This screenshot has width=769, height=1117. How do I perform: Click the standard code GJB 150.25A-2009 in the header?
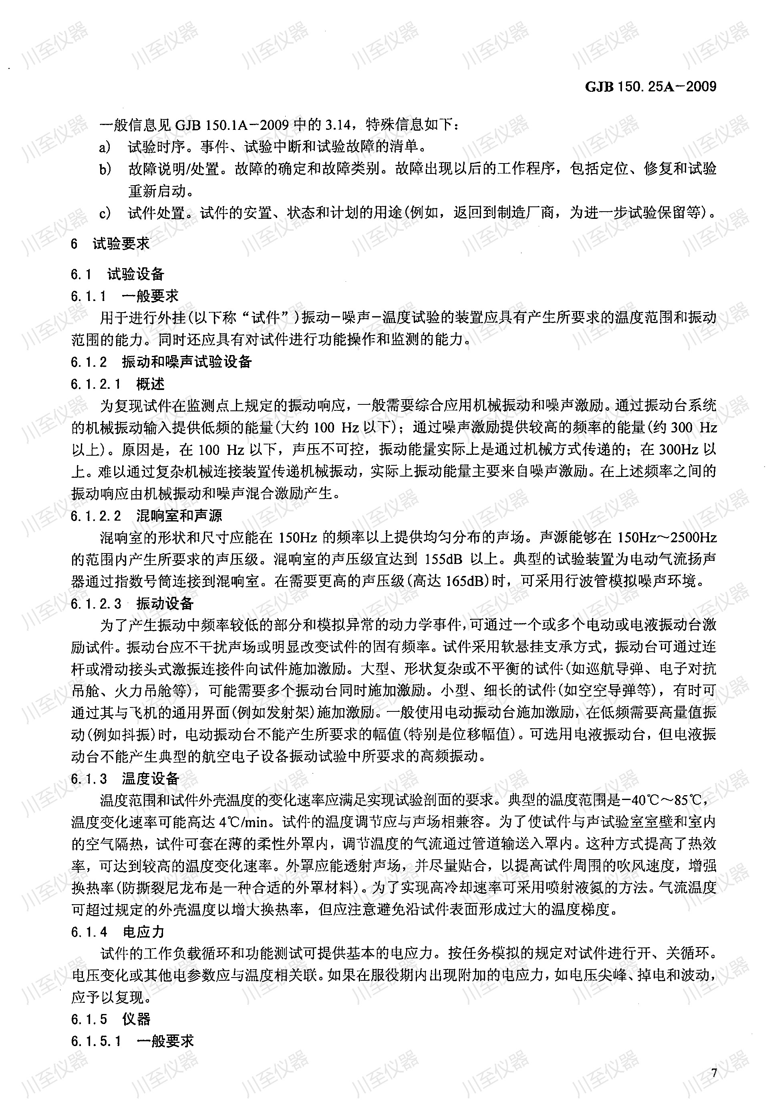650,87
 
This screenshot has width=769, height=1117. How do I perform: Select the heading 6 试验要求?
110,244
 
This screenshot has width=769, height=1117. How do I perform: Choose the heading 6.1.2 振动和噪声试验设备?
161,362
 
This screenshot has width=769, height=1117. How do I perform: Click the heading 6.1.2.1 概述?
118,384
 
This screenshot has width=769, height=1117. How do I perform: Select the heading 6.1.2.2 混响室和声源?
147,516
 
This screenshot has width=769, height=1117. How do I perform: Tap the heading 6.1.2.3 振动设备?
132,604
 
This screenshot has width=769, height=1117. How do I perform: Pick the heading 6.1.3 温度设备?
125,779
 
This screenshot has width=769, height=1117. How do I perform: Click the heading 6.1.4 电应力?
118,932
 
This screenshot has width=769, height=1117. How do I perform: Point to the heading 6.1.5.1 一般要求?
132,1041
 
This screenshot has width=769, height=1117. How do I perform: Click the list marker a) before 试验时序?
105,147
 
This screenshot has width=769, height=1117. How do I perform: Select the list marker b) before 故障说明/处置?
105,169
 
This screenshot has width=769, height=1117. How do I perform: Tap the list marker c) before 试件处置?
105,213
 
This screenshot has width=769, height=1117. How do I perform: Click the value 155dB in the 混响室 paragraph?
444,560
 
